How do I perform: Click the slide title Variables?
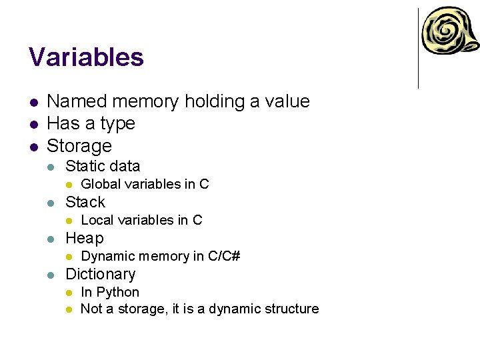click(x=86, y=57)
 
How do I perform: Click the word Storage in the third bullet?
click(x=79, y=146)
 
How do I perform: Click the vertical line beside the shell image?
click(x=418, y=48)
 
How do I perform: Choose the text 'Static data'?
click(x=103, y=166)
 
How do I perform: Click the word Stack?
click(x=85, y=202)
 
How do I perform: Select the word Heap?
click(x=85, y=238)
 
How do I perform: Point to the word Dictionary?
click(x=100, y=274)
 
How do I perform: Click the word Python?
click(x=118, y=292)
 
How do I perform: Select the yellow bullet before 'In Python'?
click(x=67, y=293)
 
